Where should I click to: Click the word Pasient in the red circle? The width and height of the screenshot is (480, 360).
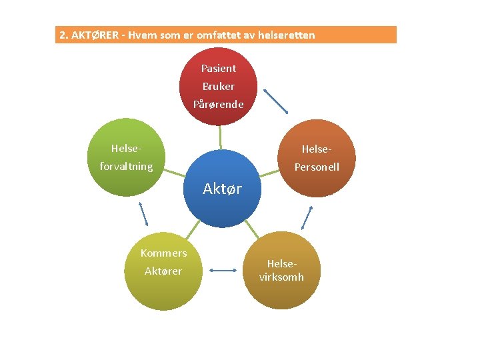219,68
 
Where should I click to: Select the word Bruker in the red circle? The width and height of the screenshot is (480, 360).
219,86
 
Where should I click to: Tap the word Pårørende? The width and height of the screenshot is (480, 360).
219,104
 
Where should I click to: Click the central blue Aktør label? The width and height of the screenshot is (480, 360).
222,189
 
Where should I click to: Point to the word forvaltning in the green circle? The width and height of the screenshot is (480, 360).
126,167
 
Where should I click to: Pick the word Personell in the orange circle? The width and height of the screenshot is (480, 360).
317,167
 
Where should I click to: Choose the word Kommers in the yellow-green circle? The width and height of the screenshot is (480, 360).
163,253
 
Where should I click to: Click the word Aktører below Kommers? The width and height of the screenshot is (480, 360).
163,271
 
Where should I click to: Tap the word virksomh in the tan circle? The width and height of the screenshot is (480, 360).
281,277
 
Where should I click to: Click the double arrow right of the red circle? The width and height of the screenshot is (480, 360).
276,102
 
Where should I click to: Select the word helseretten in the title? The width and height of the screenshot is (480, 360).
287,35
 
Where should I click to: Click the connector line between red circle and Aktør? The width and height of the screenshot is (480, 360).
220,137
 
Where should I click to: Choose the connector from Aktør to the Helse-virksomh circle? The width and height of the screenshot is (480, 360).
251,229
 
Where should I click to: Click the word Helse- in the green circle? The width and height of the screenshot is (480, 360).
126,148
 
